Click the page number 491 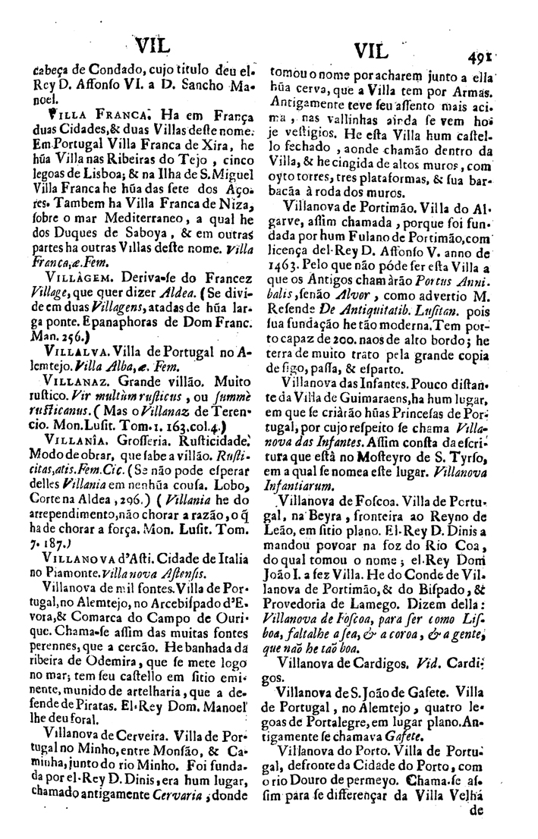pyautogui.click(x=480, y=55)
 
